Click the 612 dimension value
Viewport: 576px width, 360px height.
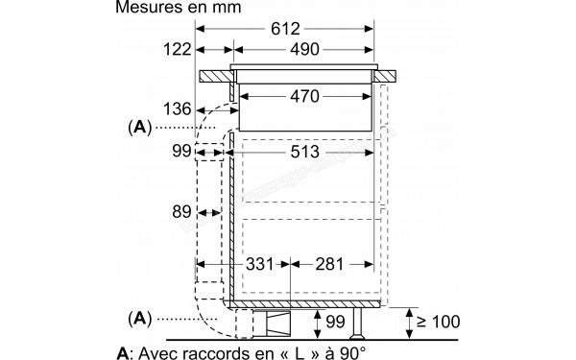pos(285,29)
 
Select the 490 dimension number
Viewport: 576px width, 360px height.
pos(304,49)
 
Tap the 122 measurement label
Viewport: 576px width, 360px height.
pos(177,49)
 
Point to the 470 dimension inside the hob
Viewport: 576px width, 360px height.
pos(304,96)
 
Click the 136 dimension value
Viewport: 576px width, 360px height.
pos(177,109)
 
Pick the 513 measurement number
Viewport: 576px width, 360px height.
pos(304,152)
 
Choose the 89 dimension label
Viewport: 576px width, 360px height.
pos(181,212)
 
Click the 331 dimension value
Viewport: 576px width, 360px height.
pos(260,264)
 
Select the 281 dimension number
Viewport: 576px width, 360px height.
pos(329,264)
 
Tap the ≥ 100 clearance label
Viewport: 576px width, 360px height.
pos(439,322)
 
